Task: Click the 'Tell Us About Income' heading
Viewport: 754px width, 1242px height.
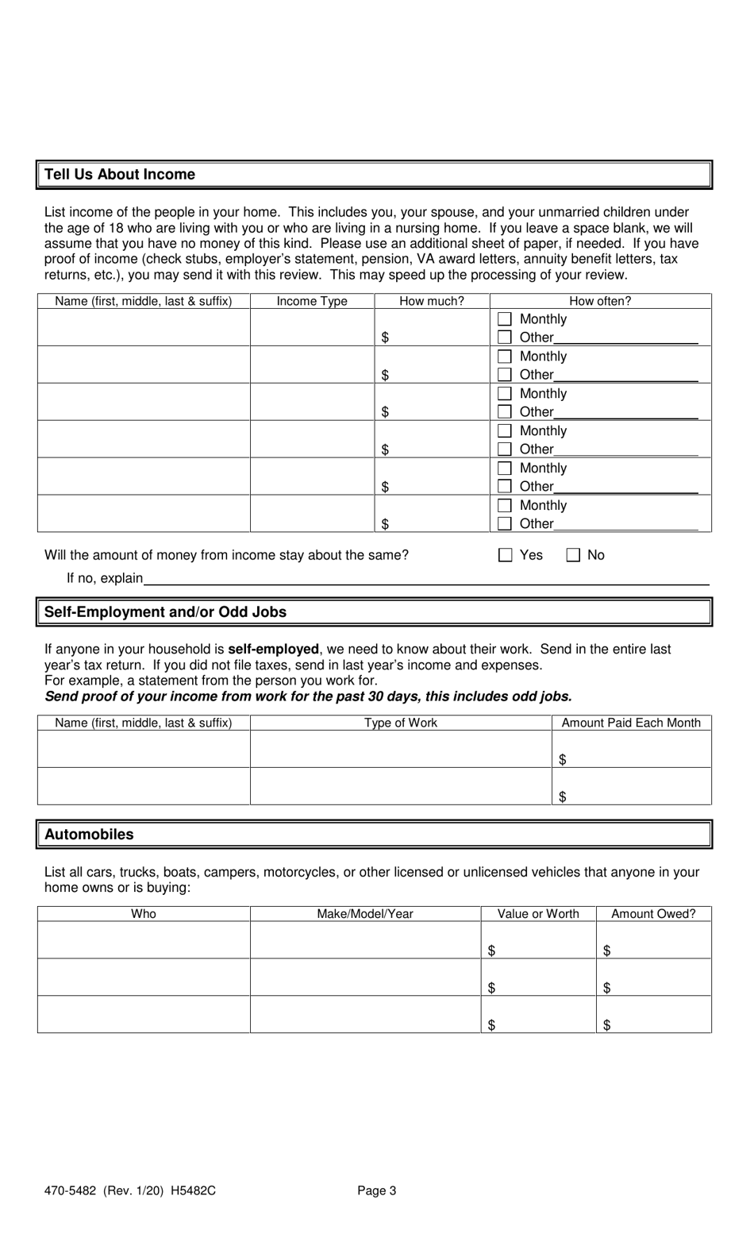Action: (120, 175)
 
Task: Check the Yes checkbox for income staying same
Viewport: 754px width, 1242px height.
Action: (505, 555)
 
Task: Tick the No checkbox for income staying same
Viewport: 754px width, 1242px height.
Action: (573, 555)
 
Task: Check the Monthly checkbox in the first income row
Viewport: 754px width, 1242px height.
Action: (505, 319)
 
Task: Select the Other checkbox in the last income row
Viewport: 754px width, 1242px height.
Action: (505, 523)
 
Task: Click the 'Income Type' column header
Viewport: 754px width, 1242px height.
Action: (312, 302)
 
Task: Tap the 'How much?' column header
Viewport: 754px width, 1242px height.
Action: (432, 302)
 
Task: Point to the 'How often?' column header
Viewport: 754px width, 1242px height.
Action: (600, 302)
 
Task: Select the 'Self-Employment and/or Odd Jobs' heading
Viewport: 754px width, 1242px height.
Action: (165, 612)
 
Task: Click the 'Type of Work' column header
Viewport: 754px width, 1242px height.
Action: (401, 723)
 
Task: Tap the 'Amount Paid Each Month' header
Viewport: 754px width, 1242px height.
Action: (631, 723)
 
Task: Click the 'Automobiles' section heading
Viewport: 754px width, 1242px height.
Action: (89, 835)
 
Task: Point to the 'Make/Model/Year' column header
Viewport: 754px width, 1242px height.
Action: (365, 914)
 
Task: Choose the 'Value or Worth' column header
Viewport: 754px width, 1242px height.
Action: (538, 914)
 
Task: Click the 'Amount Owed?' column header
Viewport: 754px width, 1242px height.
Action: (653, 914)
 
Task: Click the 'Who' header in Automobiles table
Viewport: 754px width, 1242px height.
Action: (144, 914)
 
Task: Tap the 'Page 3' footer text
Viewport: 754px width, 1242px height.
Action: (376, 1190)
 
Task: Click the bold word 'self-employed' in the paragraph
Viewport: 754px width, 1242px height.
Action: (273, 650)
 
